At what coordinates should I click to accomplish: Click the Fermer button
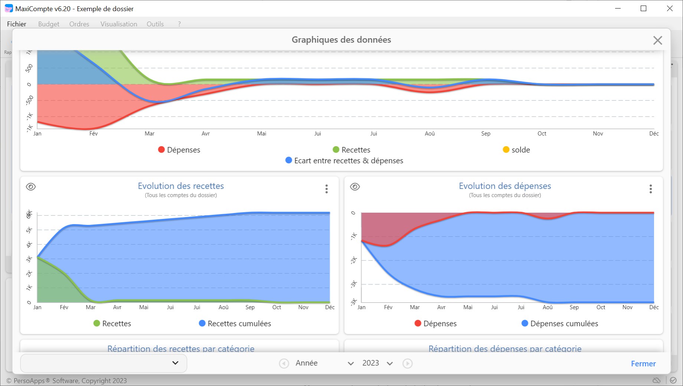click(643, 364)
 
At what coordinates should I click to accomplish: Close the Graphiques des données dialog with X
click(657, 40)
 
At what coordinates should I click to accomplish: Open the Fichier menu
click(17, 24)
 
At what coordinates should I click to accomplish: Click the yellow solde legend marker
click(506, 150)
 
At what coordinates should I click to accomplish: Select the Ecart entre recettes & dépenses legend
click(344, 161)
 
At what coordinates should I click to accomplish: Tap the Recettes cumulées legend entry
click(235, 324)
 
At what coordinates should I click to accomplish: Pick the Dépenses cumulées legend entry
click(560, 324)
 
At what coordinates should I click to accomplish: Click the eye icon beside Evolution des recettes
click(31, 187)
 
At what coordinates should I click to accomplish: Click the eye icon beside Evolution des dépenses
click(355, 187)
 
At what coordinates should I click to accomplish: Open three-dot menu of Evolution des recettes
click(327, 189)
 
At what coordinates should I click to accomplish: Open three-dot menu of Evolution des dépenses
click(651, 189)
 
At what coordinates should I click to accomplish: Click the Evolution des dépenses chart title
click(505, 186)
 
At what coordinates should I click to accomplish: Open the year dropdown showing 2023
click(377, 363)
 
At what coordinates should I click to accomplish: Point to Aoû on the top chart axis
click(429, 134)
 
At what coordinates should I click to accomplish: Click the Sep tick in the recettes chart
click(250, 307)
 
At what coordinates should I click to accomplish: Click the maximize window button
click(643, 9)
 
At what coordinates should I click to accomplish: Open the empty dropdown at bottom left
click(104, 363)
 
